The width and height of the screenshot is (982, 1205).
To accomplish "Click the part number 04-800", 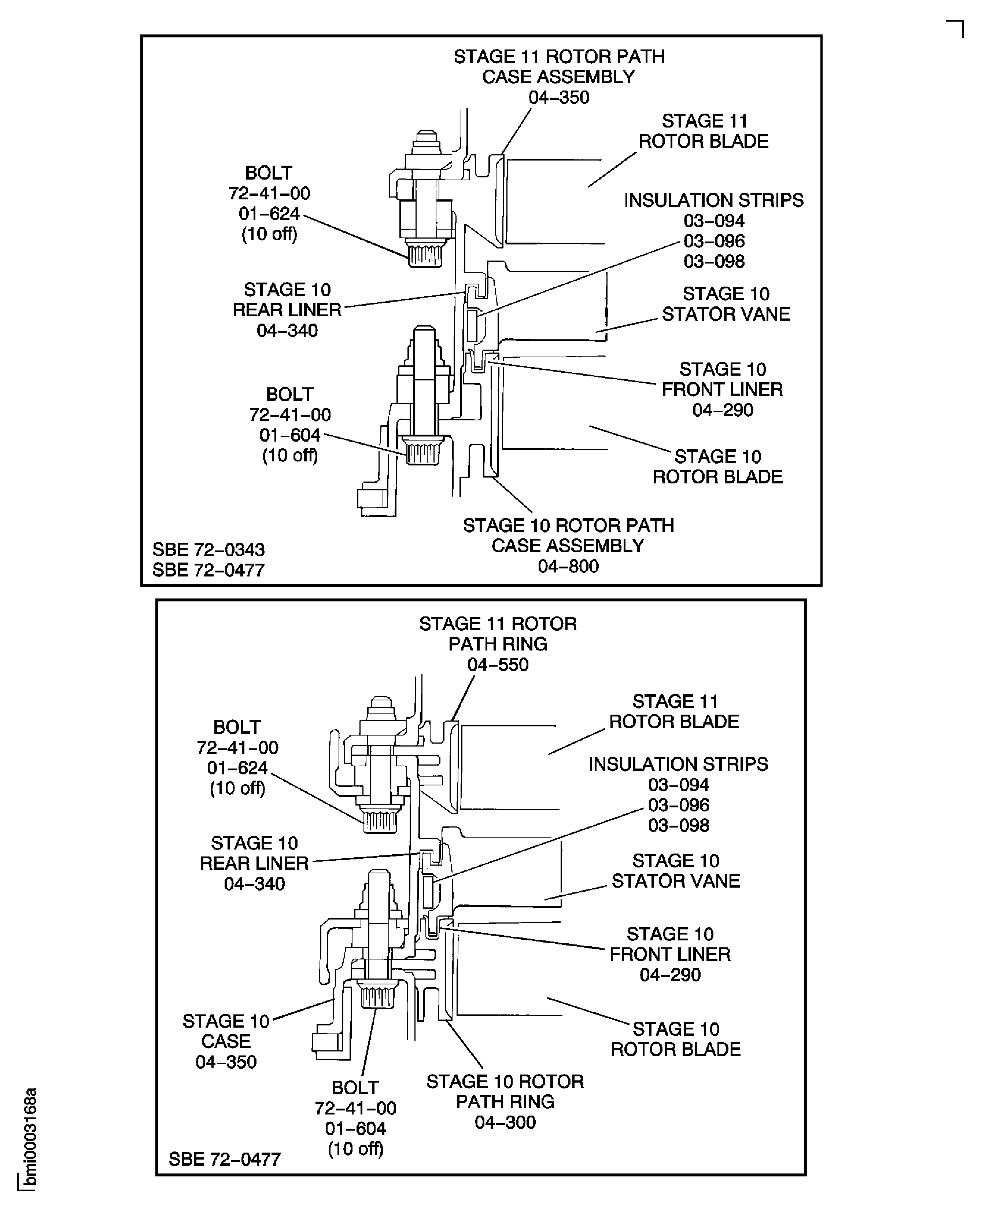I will click(568, 566).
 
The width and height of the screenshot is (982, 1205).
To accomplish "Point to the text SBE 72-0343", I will click(208, 549).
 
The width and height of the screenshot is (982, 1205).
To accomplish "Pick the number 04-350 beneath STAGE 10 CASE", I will click(226, 1062).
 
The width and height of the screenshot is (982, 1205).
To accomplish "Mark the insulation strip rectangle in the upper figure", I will click(472, 325).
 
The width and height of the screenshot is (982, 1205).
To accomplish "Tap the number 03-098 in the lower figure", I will click(678, 825).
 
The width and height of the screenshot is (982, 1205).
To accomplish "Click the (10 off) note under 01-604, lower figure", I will click(355, 1149).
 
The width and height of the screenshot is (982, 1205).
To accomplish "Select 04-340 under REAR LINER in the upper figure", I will click(287, 330).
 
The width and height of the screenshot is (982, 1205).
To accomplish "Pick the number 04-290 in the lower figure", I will click(670, 975).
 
